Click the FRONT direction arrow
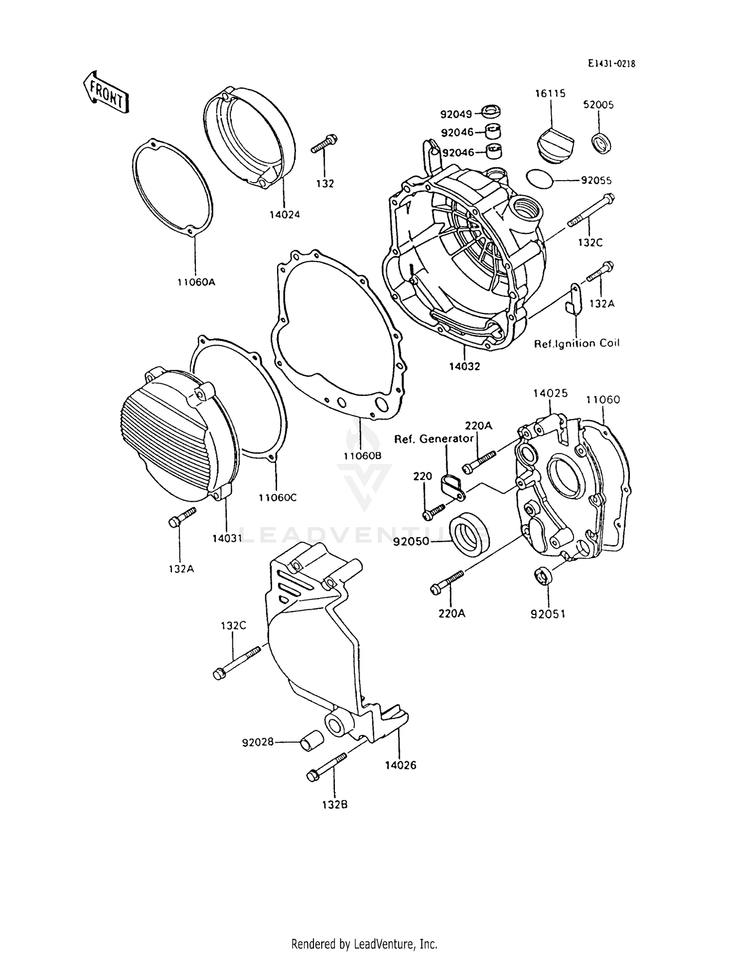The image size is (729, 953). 106,92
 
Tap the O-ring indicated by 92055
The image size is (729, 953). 539,179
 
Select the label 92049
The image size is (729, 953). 456,115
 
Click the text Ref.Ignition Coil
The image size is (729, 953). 577,343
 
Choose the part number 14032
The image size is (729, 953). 464,366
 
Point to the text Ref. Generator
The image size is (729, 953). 434,439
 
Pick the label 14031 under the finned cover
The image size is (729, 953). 226,538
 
